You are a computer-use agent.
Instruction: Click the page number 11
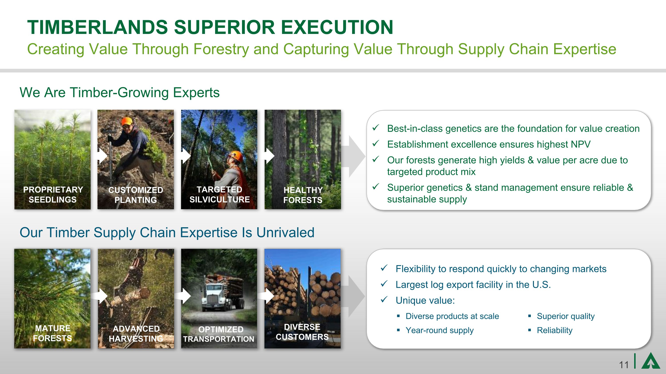tap(624, 365)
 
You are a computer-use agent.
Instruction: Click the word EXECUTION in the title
tap(337, 27)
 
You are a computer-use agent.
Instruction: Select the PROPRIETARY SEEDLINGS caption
tap(53, 195)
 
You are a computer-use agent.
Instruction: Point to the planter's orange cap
tap(127, 121)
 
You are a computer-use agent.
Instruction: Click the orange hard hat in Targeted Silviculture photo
tap(236, 156)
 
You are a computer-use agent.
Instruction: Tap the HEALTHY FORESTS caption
tap(303, 195)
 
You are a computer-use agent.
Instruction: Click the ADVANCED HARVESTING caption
tap(136, 334)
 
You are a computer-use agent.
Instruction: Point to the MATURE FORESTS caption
tap(52, 333)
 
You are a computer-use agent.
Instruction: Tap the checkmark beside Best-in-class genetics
tap(376, 128)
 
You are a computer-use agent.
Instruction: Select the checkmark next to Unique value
tap(384, 300)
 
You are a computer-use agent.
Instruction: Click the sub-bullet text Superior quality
tap(565, 316)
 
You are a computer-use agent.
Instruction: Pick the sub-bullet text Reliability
tap(554, 330)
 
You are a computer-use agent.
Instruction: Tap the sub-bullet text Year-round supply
tap(439, 330)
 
